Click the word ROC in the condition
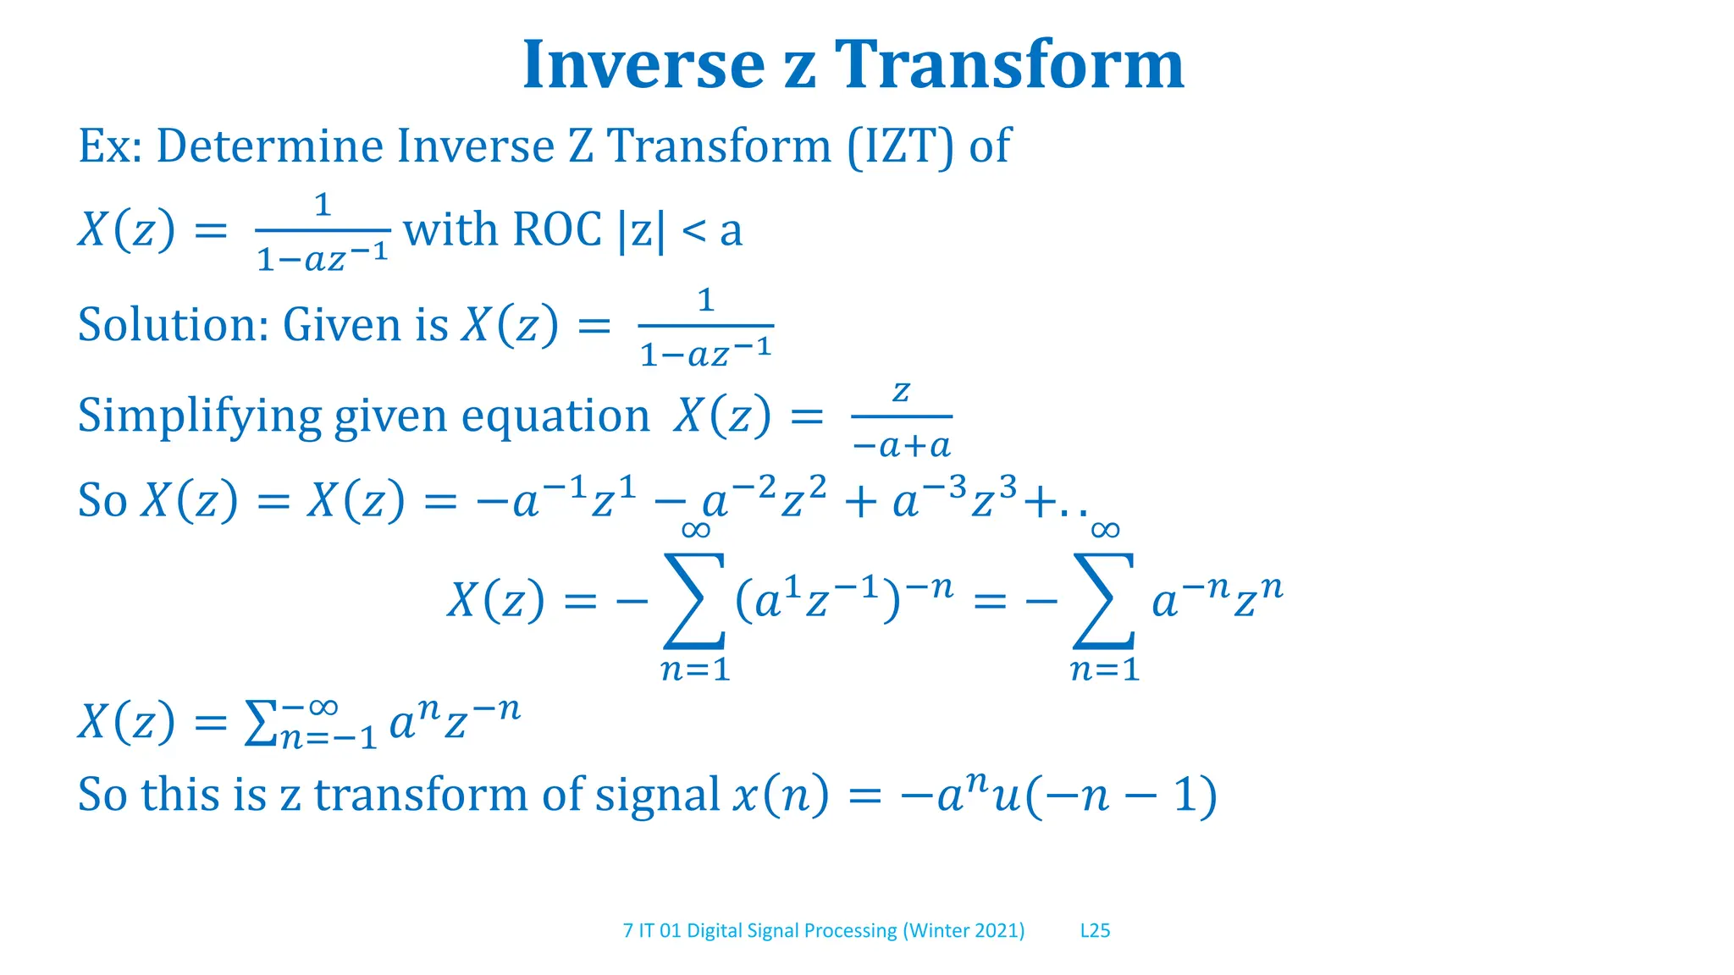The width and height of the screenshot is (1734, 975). (557, 229)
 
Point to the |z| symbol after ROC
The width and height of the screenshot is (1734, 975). (642, 230)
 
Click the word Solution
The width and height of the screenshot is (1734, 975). (173, 325)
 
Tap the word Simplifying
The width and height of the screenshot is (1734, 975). (200, 416)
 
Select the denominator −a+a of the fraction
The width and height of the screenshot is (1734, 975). (902, 445)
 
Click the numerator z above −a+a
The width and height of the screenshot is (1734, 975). (902, 391)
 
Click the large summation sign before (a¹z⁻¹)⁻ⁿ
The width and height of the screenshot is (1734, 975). (694, 600)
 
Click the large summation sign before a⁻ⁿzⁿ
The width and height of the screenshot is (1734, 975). (1104, 600)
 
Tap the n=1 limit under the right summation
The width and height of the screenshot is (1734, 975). (1104, 670)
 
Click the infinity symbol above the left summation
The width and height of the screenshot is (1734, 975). (695, 531)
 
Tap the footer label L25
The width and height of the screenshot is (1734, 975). (1095, 931)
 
